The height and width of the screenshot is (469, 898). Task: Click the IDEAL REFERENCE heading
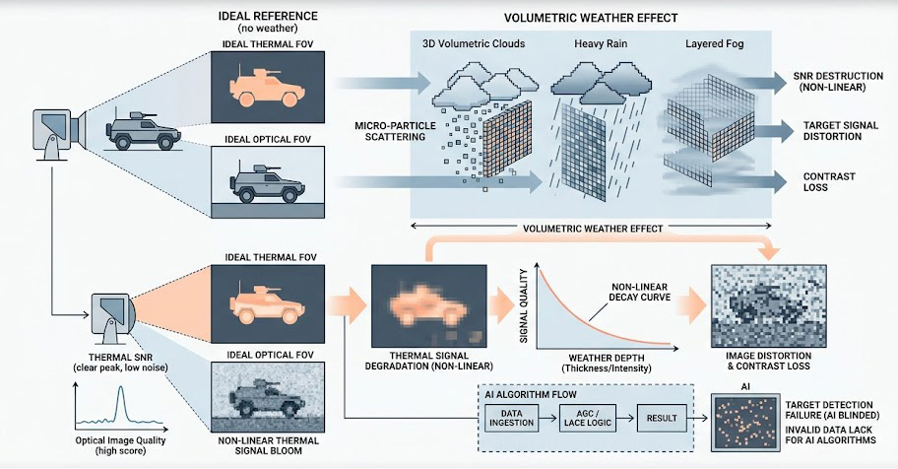point(267,18)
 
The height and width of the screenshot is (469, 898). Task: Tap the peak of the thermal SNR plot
point(121,392)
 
